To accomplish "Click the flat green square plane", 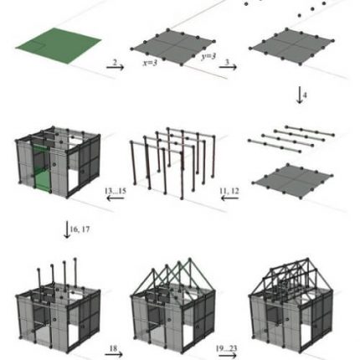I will [x=58, y=42].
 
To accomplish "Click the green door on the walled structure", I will [x=43, y=174].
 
